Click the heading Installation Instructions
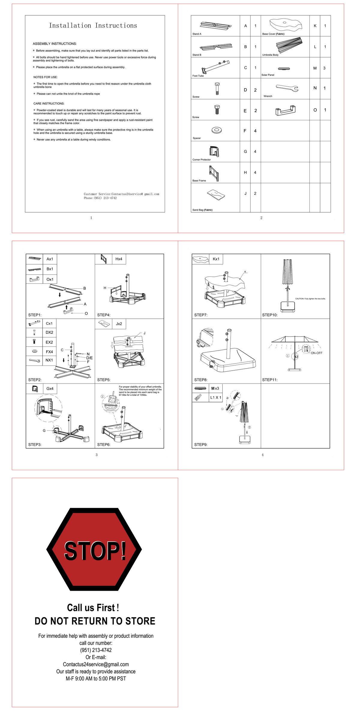tap(93, 26)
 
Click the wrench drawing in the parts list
tap(287, 88)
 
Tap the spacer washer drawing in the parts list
tap(217, 130)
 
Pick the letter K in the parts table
tap(315, 26)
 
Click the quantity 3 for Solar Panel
tap(324, 68)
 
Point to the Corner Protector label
tap(202, 160)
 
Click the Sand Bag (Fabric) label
tap(202, 210)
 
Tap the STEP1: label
tap(35, 315)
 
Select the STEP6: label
tap(104, 444)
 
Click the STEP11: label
tap(270, 380)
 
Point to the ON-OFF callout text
tap(316, 353)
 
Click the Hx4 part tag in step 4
tap(119, 259)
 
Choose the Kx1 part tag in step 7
tap(216, 259)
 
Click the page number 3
tap(97, 455)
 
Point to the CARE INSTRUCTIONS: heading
tap(49, 103)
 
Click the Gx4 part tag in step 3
tap(50, 389)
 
